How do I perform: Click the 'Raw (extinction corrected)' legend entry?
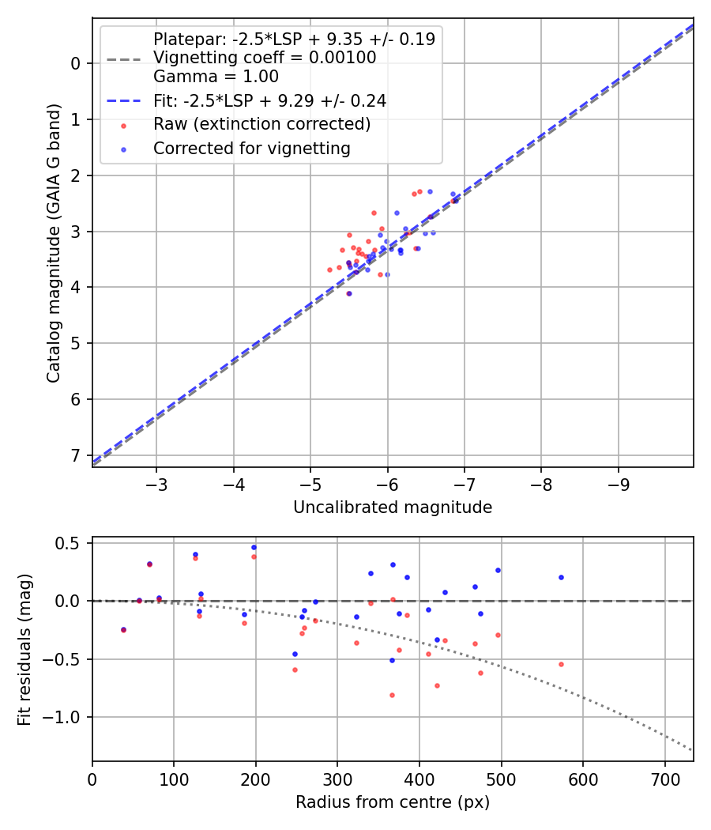click(261, 124)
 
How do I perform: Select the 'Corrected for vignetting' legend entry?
click(252, 148)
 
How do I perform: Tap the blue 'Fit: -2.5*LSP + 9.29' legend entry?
click(269, 101)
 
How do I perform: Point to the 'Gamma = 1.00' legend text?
click(216, 77)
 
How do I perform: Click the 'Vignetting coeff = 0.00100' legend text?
click(265, 58)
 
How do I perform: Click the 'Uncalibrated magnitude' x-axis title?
click(393, 507)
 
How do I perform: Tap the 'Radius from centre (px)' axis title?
click(393, 802)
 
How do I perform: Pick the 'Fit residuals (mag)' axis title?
click(24, 649)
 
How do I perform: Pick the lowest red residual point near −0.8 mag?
click(392, 695)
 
